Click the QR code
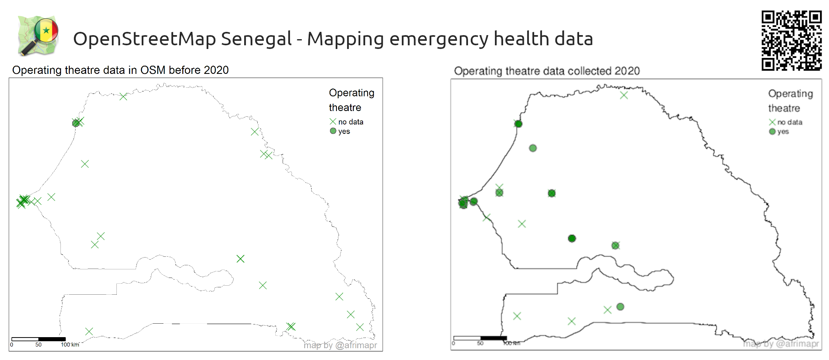point(791,40)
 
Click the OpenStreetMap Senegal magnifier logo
point(38,36)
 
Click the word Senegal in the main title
point(256,39)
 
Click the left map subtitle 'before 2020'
point(198,70)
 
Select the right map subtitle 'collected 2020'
point(604,71)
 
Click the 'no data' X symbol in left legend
point(333,121)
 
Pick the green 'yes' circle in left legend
point(333,131)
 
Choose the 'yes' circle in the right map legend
point(772,131)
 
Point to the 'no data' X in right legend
point(772,122)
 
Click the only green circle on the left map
point(76,123)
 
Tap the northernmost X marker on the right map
point(624,96)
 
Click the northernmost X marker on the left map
point(123,97)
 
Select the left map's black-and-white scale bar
point(38,339)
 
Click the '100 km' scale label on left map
point(70,345)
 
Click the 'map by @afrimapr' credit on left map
point(340,345)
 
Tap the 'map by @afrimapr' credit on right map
point(780,344)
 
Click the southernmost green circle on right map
point(620,307)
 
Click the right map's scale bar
point(480,338)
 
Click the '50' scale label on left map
point(38,345)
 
